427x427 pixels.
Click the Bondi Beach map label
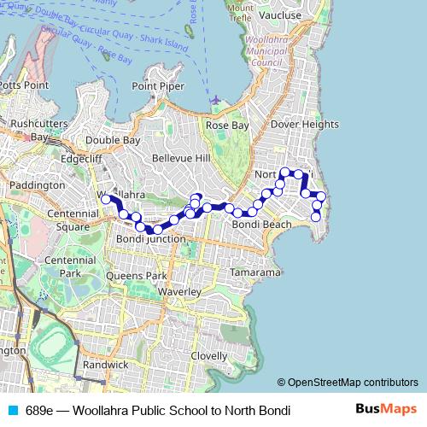(262, 224)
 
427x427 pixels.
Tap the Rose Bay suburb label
(227, 125)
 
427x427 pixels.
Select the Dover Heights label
(304, 124)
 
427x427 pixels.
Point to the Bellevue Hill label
(180, 159)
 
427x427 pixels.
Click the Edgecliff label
(82, 158)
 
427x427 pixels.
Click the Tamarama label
(256, 272)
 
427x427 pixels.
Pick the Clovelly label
(209, 355)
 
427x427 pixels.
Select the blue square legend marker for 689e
(12, 410)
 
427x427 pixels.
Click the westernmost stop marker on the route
(106, 199)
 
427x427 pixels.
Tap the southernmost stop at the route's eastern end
(316, 217)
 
